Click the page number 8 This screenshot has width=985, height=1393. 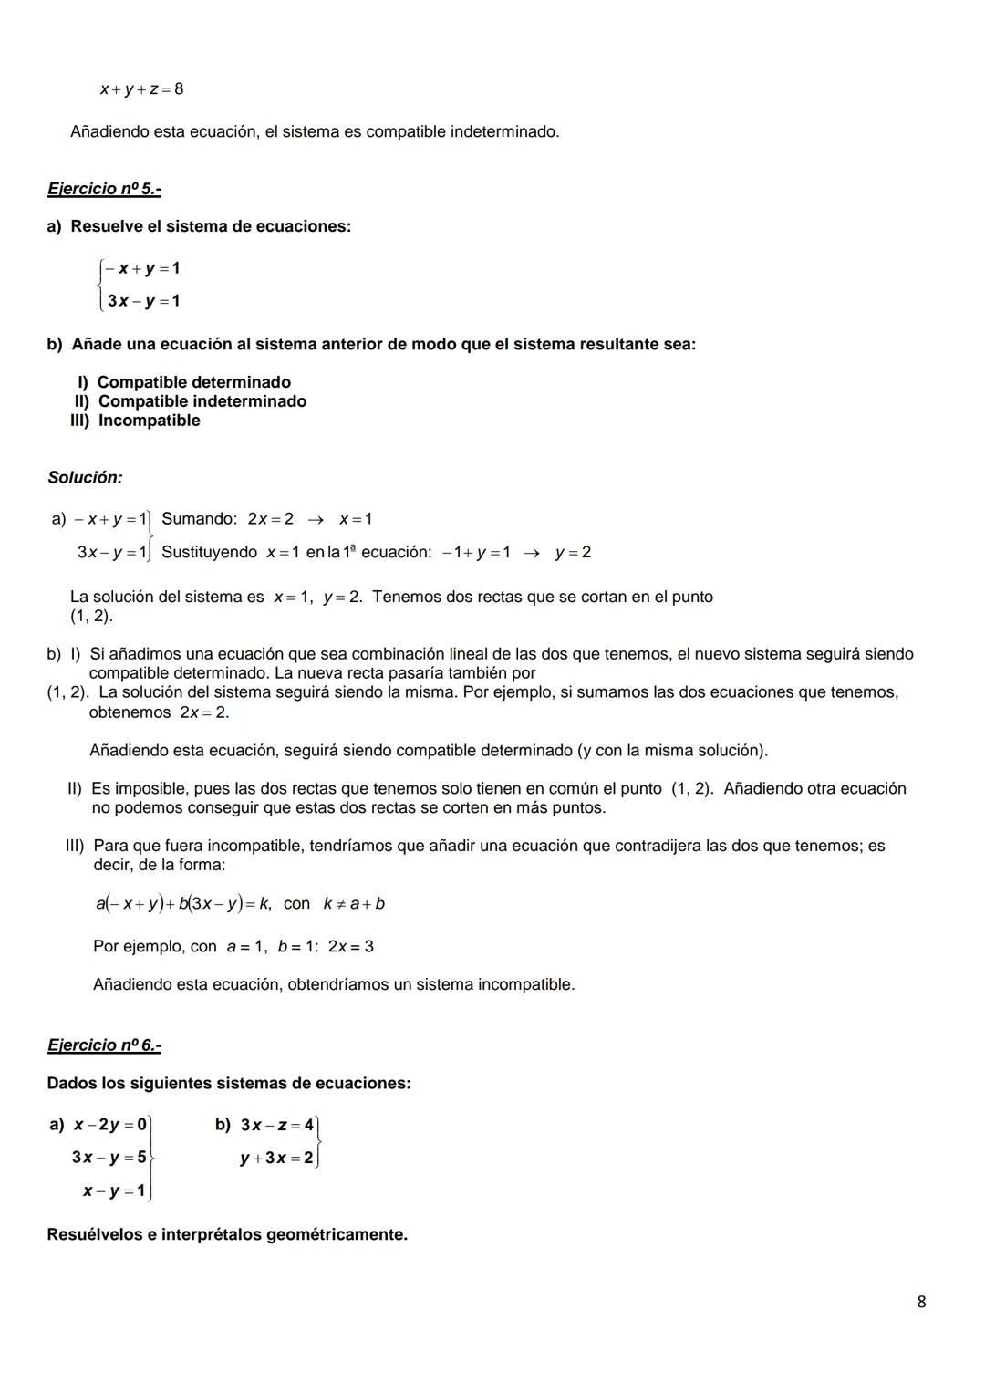click(921, 1302)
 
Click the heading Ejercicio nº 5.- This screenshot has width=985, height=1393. click(104, 189)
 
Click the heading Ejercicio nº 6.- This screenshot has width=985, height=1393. click(104, 1045)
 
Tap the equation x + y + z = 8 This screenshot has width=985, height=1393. click(141, 89)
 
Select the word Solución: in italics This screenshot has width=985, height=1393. click(85, 477)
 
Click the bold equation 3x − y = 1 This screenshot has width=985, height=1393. click(143, 301)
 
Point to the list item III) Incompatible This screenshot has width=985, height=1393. click(135, 421)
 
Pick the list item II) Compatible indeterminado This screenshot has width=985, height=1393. click(190, 401)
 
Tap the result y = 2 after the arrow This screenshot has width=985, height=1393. click(573, 553)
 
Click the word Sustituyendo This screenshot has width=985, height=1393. click(209, 552)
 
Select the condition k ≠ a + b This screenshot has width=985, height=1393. click(354, 904)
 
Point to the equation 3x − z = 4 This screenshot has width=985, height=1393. click(276, 1125)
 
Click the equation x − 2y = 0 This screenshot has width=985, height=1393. click(110, 1125)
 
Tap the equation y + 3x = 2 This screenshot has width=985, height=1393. click(275, 1158)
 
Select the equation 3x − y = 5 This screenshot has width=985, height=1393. click(109, 1158)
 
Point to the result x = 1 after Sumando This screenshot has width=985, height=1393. click(355, 519)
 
